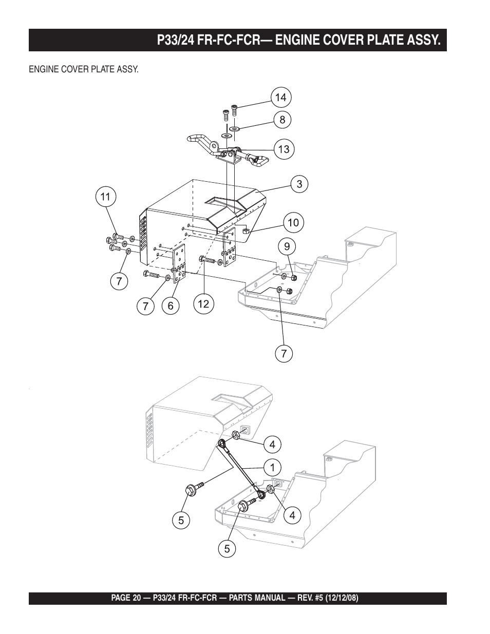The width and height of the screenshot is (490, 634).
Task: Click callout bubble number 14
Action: (x=280, y=98)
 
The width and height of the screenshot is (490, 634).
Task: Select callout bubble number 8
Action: (x=282, y=120)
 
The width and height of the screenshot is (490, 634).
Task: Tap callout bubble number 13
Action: (x=284, y=149)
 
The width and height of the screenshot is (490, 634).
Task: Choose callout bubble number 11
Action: (x=105, y=196)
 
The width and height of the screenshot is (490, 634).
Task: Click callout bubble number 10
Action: (x=293, y=222)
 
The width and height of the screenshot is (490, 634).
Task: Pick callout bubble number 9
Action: (x=287, y=246)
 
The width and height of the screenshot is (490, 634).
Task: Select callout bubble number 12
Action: (x=203, y=304)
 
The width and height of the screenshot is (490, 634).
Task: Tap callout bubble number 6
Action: (x=171, y=306)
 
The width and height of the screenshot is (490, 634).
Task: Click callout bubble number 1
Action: (x=273, y=467)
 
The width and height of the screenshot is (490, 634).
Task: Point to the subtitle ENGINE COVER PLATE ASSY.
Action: (x=83, y=69)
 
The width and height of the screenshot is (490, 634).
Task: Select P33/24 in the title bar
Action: (x=178, y=40)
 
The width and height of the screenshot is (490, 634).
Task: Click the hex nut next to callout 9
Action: (x=294, y=278)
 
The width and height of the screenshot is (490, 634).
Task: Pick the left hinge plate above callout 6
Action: (x=179, y=262)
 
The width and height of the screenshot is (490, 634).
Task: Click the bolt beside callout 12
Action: (x=206, y=260)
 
